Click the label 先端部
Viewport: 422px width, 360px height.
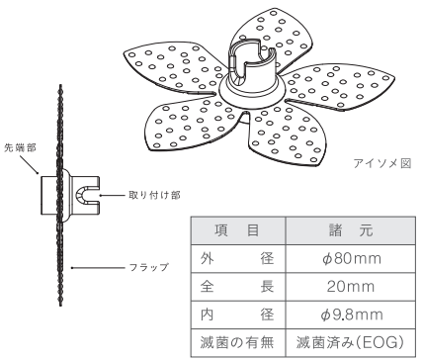[x=20, y=147]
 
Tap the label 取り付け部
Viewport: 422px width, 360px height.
[x=154, y=195]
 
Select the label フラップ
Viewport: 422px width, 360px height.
[x=149, y=267]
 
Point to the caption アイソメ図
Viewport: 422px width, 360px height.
[x=382, y=163]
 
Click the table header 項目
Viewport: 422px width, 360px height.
[x=237, y=230]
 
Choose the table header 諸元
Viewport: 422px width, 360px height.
[x=351, y=230]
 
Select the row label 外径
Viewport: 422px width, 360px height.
[x=237, y=258]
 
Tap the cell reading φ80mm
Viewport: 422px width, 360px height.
[x=351, y=258]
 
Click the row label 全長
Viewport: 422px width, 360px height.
[x=237, y=287]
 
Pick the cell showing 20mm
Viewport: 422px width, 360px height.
[x=351, y=287]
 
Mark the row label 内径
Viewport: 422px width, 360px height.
[x=237, y=315]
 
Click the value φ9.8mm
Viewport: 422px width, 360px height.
[x=352, y=315]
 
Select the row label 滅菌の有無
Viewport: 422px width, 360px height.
[x=237, y=342]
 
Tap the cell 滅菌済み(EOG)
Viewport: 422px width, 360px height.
[x=350, y=342]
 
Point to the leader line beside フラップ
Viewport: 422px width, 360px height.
[x=98, y=268]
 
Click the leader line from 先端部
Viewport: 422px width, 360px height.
[x=29, y=164]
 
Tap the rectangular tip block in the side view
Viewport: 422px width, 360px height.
[x=49, y=195]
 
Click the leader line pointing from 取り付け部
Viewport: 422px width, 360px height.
[x=112, y=195]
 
